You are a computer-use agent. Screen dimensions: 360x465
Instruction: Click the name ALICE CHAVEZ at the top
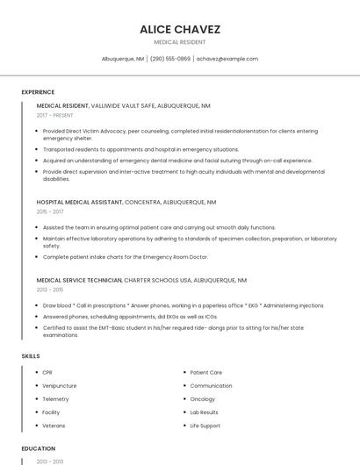point(179,29)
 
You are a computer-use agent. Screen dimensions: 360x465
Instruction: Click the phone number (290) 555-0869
point(169,59)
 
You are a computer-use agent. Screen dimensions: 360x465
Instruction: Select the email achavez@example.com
point(227,59)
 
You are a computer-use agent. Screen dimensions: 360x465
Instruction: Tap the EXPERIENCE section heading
point(38,92)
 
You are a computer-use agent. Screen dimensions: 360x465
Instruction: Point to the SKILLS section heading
point(31,356)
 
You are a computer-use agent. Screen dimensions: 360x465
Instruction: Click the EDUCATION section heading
point(38,448)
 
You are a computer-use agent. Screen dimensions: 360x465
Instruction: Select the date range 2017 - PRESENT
point(54,115)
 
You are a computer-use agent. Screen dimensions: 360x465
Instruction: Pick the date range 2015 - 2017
point(50,211)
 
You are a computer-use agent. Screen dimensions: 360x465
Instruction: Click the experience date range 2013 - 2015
point(50,290)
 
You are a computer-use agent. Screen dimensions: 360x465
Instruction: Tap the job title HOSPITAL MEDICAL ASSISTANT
point(79,202)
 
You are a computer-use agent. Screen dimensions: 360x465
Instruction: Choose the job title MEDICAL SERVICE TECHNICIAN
point(79,280)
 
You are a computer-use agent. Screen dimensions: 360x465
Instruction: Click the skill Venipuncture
point(59,386)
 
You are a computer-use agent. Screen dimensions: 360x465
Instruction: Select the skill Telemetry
point(55,399)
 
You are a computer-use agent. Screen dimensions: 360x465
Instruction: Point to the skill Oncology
point(202,399)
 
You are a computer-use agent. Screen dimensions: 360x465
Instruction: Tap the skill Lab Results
point(204,412)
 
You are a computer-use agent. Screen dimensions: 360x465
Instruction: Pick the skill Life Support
point(205,426)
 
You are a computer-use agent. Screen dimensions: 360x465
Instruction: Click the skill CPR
point(47,373)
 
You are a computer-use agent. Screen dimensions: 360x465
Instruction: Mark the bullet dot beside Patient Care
point(183,373)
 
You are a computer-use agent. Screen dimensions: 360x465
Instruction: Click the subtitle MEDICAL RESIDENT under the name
point(179,42)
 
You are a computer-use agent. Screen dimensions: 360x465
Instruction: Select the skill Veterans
point(54,426)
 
